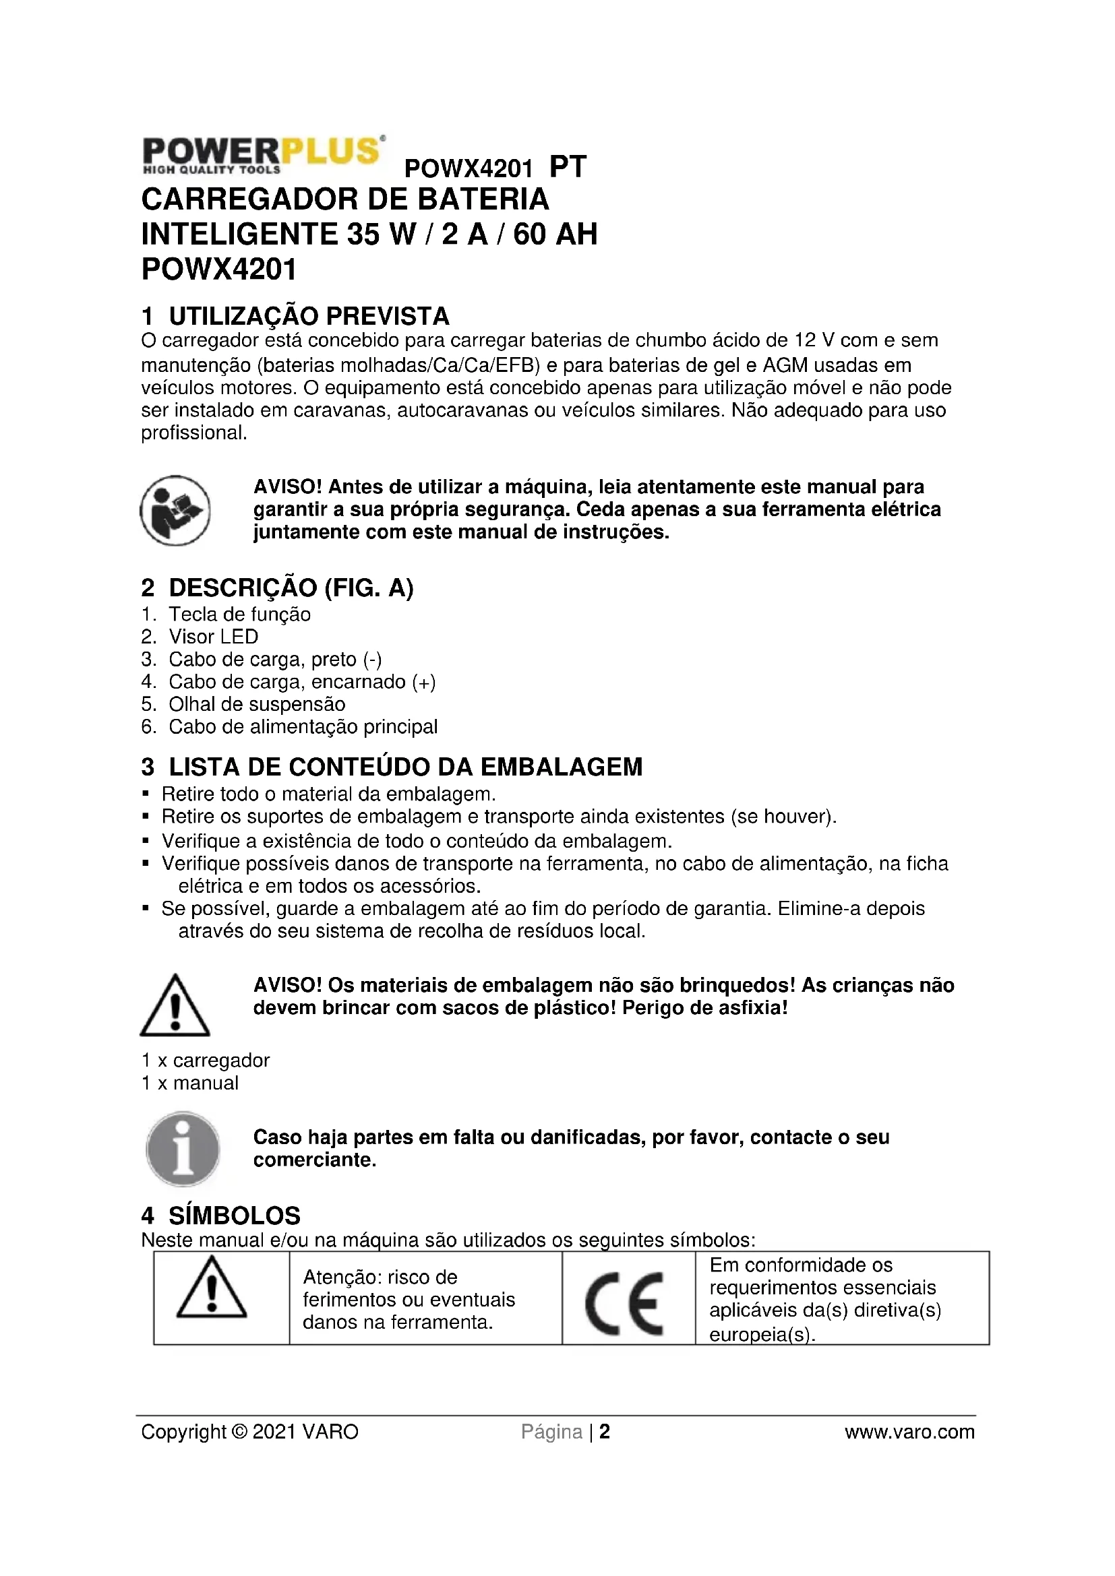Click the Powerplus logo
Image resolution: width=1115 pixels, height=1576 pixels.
coord(262,154)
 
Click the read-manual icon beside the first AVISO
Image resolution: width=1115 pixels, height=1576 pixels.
coord(175,510)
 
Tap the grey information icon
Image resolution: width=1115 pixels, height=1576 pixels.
coord(183,1148)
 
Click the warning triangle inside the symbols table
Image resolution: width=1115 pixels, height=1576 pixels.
coord(212,1288)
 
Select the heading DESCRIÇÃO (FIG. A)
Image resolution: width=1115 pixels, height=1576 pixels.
coord(277,588)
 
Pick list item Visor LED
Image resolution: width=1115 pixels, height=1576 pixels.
coord(214,636)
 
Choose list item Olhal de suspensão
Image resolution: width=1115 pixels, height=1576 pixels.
coord(257,703)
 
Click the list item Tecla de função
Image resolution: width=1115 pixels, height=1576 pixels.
coord(239,614)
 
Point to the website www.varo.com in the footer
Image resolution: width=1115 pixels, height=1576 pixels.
coord(909,1432)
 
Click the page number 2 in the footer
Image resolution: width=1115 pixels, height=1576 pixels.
coord(605,1432)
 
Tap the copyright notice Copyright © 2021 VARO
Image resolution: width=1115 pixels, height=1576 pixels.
coord(250,1432)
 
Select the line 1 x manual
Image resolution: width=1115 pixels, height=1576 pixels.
coord(190,1083)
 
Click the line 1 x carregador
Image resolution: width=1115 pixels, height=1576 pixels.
coord(206,1060)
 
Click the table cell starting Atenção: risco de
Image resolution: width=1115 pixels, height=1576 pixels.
coord(409,1299)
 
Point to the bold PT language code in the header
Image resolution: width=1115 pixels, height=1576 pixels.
coord(568,167)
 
